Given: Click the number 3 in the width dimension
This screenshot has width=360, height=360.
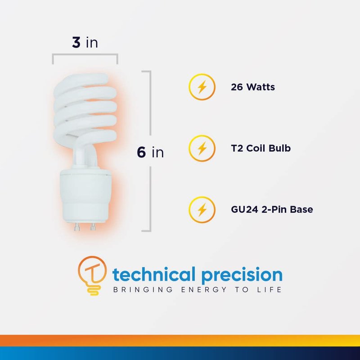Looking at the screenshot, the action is [x=76, y=42].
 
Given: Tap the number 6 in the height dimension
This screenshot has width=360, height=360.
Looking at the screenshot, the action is [x=141, y=152].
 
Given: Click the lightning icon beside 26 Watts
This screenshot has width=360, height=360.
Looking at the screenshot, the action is [x=202, y=87].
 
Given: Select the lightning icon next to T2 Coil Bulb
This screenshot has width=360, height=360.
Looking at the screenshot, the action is [x=202, y=148].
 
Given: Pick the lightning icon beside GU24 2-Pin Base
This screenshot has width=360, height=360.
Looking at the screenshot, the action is [x=202, y=210].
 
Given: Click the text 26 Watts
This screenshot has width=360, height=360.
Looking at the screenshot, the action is [x=253, y=87].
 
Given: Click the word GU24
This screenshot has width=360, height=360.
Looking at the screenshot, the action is [x=244, y=210].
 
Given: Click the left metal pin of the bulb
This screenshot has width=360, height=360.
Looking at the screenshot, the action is [x=77, y=227].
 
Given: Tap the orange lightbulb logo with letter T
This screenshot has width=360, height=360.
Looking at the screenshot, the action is [x=92, y=275].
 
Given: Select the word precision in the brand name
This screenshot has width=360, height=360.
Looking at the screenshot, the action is [x=242, y=275].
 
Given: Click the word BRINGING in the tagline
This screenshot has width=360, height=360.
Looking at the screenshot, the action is [x=143, y=289].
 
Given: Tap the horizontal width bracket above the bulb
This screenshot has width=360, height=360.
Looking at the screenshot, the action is [x=85, y=54].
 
